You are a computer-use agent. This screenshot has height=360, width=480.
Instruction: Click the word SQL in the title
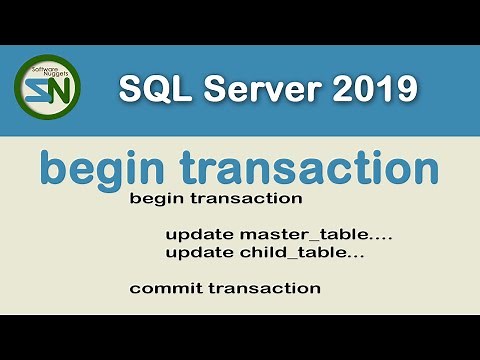(x=150, y=90)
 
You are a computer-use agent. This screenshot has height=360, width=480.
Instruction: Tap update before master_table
(x=200, y=235)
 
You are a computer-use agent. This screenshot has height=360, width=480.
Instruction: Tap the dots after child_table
(x=353, y=256)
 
